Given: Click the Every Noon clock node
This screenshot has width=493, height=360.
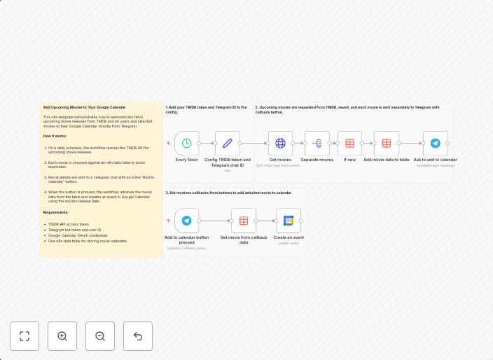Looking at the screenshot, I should pyautogui.click(x=187, y=143).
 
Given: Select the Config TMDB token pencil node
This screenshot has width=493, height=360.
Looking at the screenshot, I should pyautogui.click(x=227, y=143).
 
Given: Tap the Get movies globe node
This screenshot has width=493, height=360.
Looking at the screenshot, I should pyautogui.click(x=280, y=143).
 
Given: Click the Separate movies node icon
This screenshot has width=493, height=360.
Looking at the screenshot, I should pyautogui.click(x=317, y=143).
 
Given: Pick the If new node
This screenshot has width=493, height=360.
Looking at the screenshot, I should pyautogui.click(x=349, y=143).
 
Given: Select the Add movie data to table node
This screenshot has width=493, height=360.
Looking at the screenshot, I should pyautogui.click(x=387, y=143).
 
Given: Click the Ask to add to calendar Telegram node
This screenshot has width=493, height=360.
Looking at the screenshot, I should pyautogui.click(x=435, y=143).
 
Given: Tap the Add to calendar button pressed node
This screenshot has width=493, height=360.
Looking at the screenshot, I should pyautogui.click(x=187, y=221).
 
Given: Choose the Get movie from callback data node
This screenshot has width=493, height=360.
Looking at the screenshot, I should pyautogui.click(x=244, y=221).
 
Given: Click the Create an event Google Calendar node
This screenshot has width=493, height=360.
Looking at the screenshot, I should pyautogui.click(x=289, y=221).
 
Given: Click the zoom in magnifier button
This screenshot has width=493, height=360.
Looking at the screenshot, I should pyautogui.click(x=62, y=336).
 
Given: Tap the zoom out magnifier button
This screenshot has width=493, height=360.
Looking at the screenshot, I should pyautogui.click(x=100, y=336).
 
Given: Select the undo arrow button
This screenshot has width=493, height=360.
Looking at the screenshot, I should pyautogui.click(x=138, y=336).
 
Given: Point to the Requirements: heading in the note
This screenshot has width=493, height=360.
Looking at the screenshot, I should pyautogui.click(x=56, y=212).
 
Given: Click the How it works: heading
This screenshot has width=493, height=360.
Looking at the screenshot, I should pyautogui.click(x=56, y=135).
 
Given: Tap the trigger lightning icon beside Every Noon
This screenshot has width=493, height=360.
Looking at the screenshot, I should pyautogui.click(x=168, y=143).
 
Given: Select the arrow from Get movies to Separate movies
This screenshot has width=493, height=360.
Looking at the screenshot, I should pyautogui.click(x=299, y=143).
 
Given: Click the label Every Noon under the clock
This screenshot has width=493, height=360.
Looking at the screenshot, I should pyautogui.click(x=186, y=160).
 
